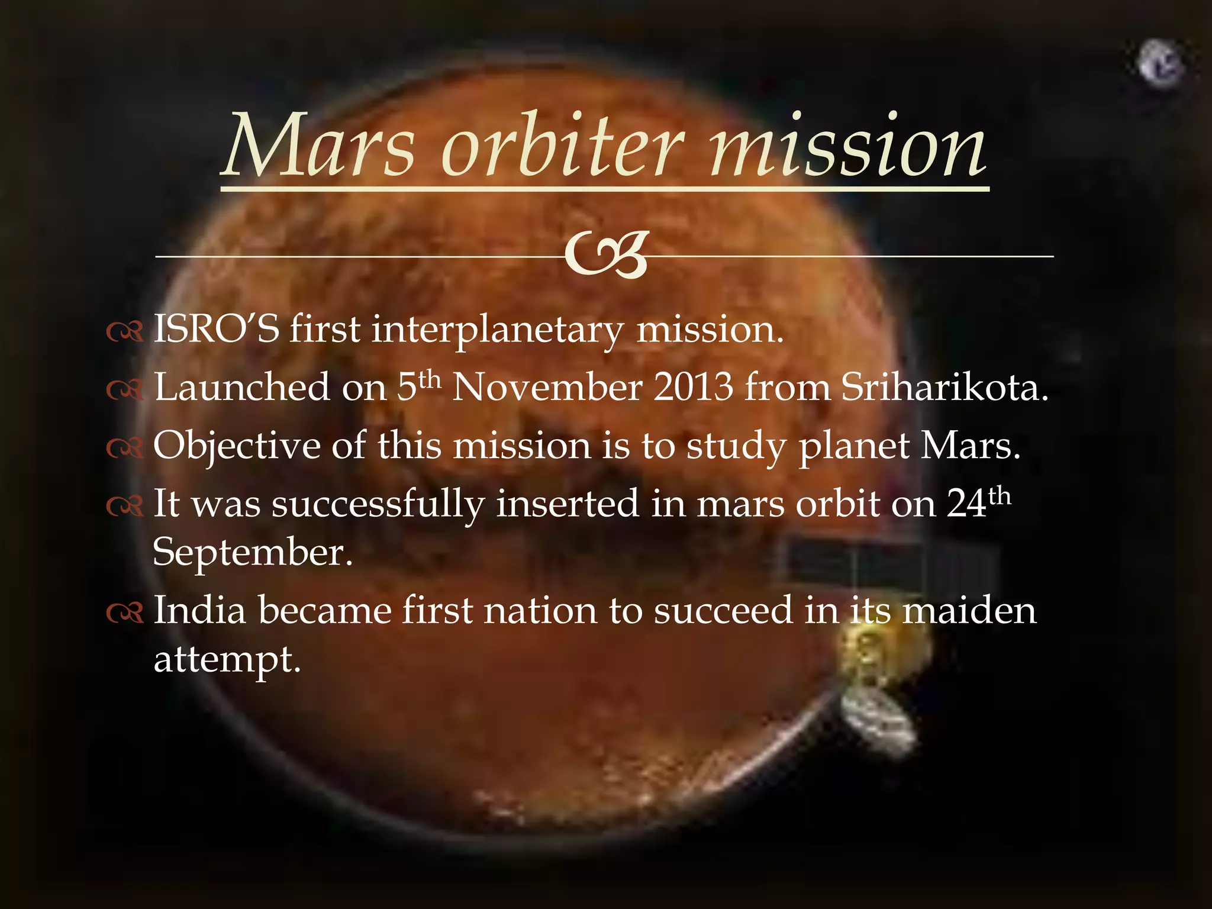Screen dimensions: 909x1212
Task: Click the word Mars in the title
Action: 320,147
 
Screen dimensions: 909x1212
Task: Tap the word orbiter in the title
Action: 562,147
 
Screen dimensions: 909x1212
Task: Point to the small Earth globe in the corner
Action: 1161,64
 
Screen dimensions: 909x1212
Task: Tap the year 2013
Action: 694,387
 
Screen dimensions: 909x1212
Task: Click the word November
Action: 547,387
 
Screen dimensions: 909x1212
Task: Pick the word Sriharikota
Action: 944,387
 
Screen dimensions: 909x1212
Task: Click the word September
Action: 252,553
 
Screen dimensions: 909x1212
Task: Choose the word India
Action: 199,610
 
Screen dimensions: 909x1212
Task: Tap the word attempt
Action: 227,660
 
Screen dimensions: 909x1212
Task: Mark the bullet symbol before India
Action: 125,613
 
